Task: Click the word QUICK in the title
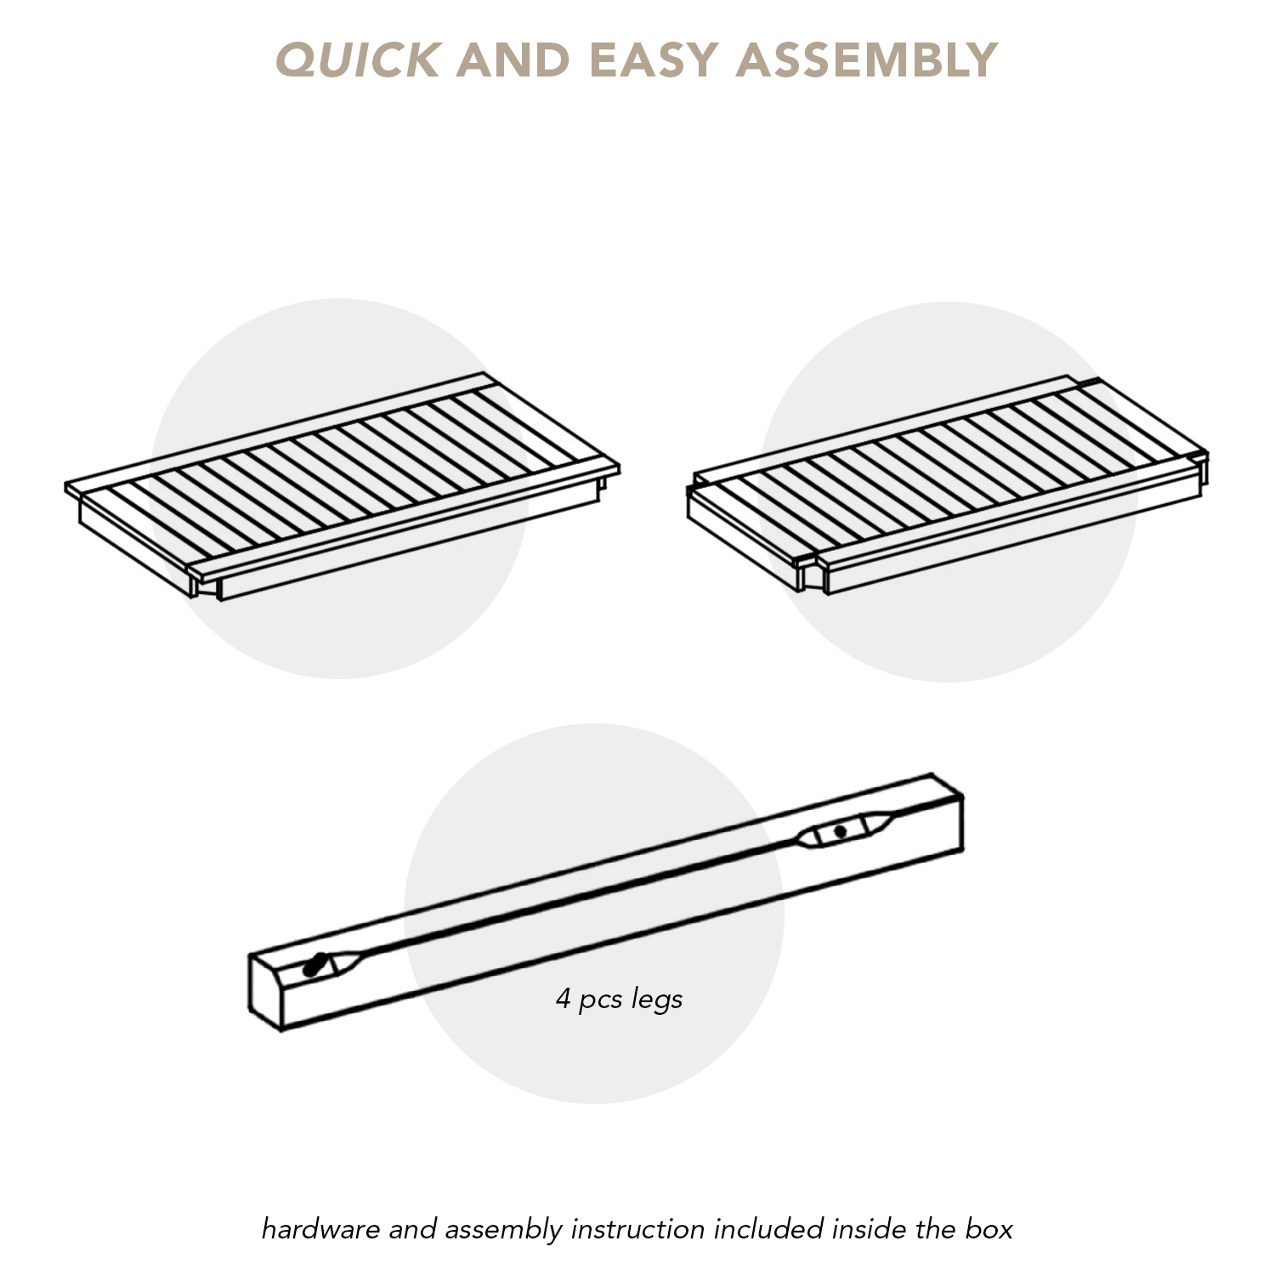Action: [358, 60]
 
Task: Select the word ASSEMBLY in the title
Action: [866, 60]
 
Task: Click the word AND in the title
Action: [513, 60]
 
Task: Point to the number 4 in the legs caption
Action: [564, 998]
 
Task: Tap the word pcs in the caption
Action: [601, 1001]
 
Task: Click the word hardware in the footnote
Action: [321, 1229]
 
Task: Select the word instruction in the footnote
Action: [638, 1229]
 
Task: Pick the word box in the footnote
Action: [989, 1229]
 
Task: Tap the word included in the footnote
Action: [769, 1229]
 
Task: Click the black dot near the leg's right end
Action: [840, 831]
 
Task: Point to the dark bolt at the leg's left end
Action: [315, 966]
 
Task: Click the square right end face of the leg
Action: [947, 816]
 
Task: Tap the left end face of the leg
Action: [266, 992]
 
